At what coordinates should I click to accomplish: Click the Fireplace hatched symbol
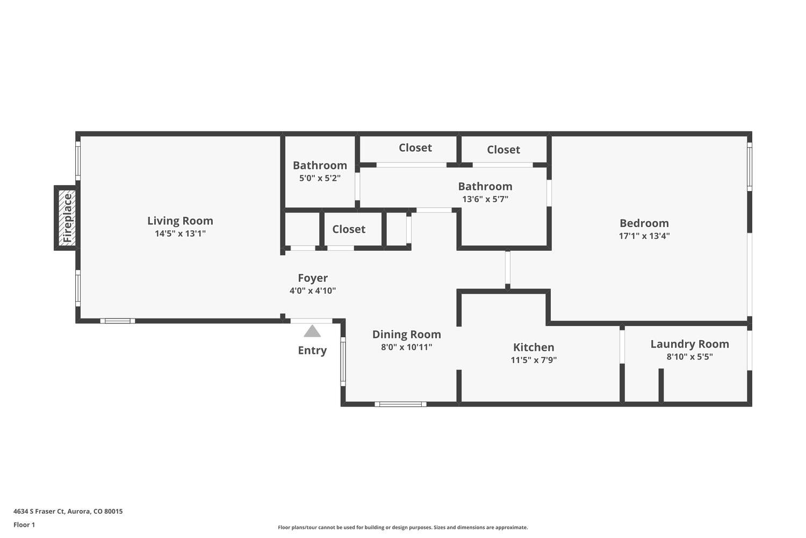coord(67,218)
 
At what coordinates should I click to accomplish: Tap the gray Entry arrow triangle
coord(312,331)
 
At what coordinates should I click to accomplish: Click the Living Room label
coord(180,221)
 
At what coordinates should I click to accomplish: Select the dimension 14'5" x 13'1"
coord(180,233)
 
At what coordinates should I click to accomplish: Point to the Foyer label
coord(313,278)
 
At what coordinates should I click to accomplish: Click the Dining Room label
coord(406,335)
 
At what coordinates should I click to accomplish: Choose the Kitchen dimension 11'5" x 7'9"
coord(533,360)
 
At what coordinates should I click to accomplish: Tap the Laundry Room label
coord(689,344)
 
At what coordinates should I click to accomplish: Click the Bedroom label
coord(644,223)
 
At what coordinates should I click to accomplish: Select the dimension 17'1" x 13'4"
coord(644,236)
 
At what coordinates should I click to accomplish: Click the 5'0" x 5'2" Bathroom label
coord(320,165)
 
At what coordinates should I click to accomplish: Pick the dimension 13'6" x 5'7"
coord(485,199)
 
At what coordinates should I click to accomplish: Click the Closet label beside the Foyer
coord(349,229)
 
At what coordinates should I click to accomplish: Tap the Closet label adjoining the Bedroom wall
coord(503,150)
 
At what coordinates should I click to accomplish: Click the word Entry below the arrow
coord(312,350)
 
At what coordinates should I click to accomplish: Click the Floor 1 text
coord(24,525)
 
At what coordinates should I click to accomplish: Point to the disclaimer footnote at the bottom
coord(402,527)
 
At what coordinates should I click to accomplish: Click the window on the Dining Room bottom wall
coord(400,404)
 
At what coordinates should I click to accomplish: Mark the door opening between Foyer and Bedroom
coord(507,270)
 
